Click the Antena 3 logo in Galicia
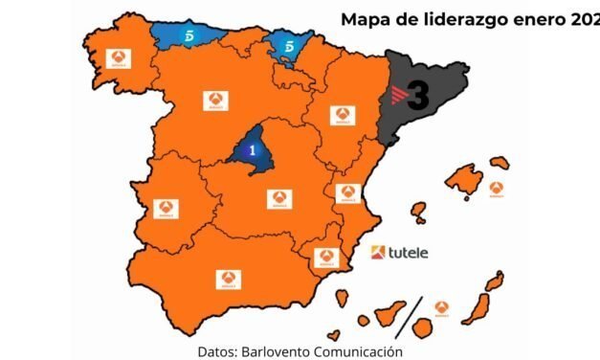pyautogui.click(x=119, y=59)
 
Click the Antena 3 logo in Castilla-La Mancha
pyautogui.click(x=278, y=198)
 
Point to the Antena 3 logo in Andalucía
pyautogui.click(x=228, y=279)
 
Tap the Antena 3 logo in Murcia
pyautogui.click(x=326, y=258)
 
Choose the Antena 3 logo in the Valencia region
pyautogui.click(x=347, y=192)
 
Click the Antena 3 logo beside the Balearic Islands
pyautogui.click(x=496, y=188)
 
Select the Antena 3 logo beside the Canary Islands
pyautogui.click(x=441, y=307)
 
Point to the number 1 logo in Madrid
pyautogui.click(x=252, y=150)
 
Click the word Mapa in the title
pyautogui.click(x=367, y=17)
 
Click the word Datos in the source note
pyautogui.click(x=219, y=350)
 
